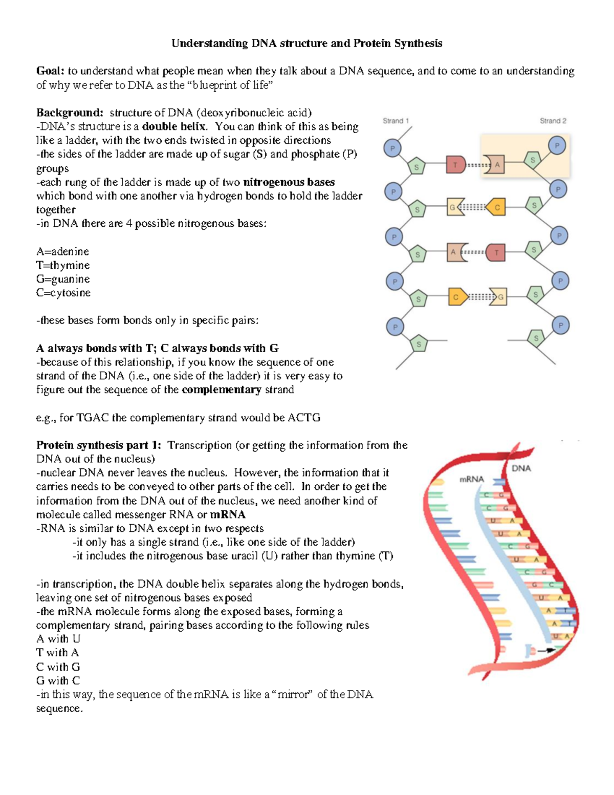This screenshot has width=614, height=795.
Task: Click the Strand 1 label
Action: tap(396, 121)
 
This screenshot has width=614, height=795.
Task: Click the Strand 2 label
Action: tap(553, 121)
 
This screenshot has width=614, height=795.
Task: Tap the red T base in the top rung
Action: tap(455, 165)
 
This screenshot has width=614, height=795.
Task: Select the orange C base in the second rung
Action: tap(496, 207)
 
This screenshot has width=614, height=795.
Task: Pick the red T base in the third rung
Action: tap(495, 252)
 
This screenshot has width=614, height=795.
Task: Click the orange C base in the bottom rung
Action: tap(456, 297)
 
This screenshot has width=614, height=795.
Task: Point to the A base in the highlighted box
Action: tap(495, 165)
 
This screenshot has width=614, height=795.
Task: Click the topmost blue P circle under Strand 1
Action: tap(392, 148)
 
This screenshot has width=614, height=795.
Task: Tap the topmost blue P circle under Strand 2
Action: tap(557, 145)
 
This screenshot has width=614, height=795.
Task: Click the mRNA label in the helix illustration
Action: tap(471, 479)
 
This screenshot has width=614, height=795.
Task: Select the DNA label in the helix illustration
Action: tap(521, 468)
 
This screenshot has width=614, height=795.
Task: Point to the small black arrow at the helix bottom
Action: tap(546, 650)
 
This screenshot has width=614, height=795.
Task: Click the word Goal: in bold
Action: tap(50, 71)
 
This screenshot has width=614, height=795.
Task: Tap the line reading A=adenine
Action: tap(62, 251)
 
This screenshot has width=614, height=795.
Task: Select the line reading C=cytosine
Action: tap(63, 293)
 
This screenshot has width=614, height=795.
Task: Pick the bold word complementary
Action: tap(221, 390)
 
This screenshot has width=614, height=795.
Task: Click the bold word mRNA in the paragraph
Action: tap(228, 514)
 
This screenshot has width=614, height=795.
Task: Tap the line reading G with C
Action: tap(58, 680)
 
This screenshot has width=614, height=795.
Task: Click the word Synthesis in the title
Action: tap(418, 43)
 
